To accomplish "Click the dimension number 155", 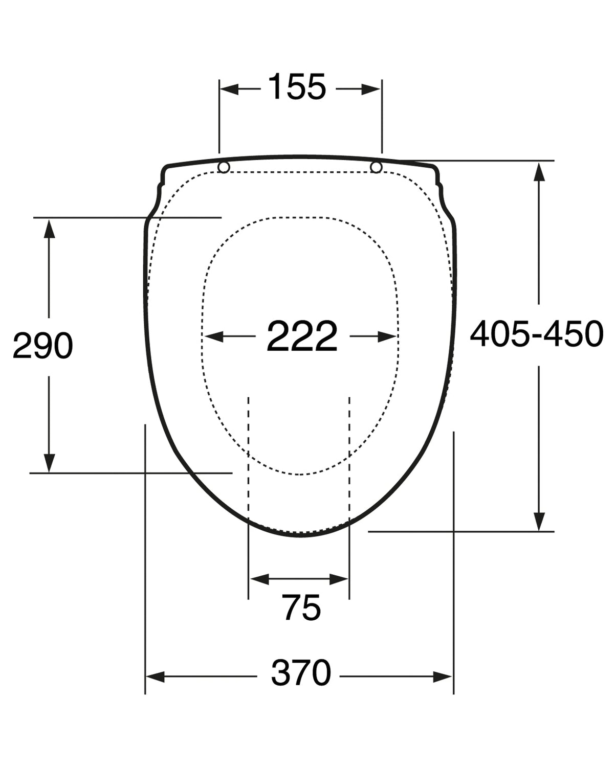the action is (297, 86).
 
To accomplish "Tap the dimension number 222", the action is (302, 336).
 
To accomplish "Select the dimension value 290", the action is (43, 345).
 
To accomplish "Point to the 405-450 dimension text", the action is (537, 333).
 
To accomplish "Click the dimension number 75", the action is (301, 607).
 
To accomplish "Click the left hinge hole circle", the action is (224, 167).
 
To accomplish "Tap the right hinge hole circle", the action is (377, 167).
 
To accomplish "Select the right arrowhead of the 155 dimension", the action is (371, 89).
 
